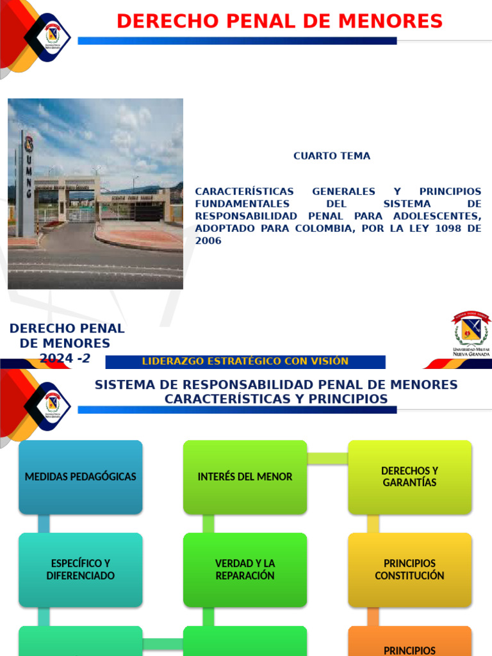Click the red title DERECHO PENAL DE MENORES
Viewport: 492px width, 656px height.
(279, 21)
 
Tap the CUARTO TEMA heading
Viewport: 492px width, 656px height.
(331, 156)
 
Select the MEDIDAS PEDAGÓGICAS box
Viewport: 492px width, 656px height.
(80, 477)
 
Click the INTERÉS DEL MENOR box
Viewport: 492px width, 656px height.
(245, 477)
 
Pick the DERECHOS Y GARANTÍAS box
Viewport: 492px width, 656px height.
(409, 477)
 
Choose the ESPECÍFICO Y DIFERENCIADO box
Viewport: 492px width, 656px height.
(80, 570)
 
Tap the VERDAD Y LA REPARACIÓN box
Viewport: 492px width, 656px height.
(245, 570)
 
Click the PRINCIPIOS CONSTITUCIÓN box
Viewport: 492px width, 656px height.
(409, 570)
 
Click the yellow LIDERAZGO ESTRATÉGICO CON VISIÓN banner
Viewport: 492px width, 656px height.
(245, 361)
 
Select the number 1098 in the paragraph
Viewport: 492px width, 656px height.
(444, 229)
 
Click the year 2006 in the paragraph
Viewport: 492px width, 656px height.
(208, 241)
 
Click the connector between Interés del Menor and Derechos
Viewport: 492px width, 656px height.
(327, 458)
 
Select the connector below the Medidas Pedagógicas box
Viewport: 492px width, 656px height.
(44, 523)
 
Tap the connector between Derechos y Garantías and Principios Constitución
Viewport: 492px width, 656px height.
(373, 523)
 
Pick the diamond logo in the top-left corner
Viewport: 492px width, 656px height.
(47, 37)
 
